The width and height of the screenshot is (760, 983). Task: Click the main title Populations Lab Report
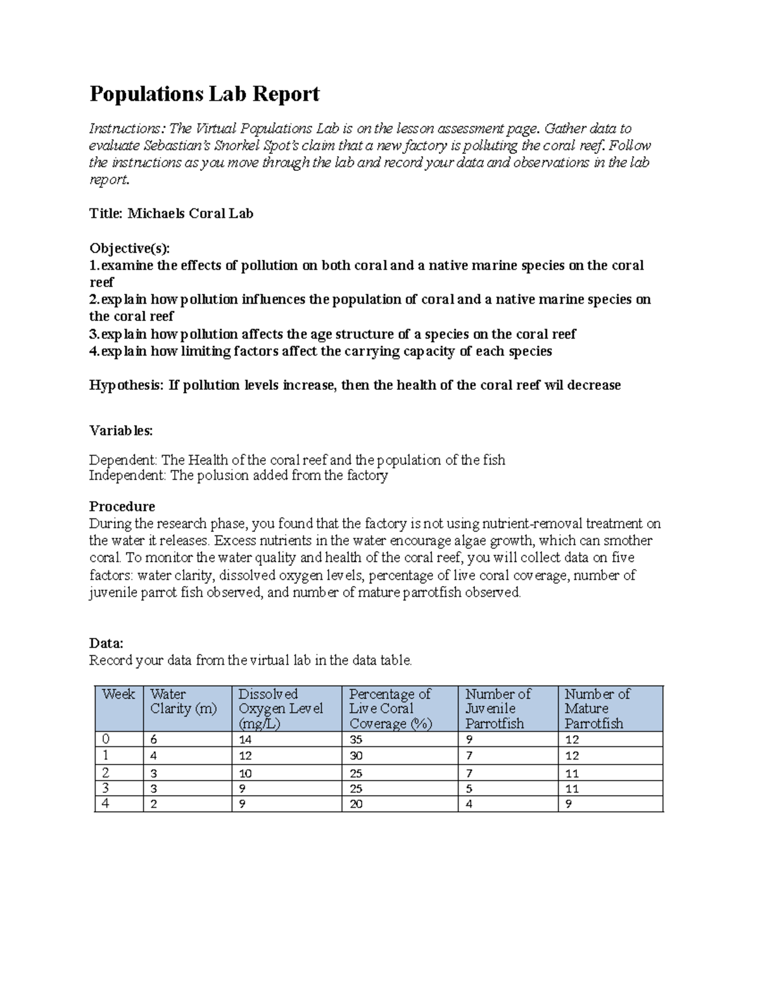pyautogui.click(x=204, y=94)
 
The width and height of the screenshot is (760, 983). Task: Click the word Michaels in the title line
pyautogui.click(x=155, y=214)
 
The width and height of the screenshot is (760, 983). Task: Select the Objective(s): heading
pyautogui.click(x=130, y=248)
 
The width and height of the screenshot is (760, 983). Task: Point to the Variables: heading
pyautogui.click(x=120, y=431)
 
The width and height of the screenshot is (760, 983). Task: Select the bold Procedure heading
pyautogui.click(x=122, y=506)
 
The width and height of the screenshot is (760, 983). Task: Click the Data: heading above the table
pyautogui.click(x=106, y=643)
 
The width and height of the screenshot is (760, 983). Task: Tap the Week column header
pyautogui.click(x=118, y=694)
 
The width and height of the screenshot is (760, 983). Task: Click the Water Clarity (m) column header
pyautogui.click(x=183, y=701)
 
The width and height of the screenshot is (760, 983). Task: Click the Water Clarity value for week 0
pyautogui.click(x=153, y=740)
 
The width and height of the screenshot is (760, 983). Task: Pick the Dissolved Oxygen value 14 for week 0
pyautogui.click(x=245, y=740)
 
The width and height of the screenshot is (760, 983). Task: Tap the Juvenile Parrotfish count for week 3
pyautogui.click(x=469, y=789)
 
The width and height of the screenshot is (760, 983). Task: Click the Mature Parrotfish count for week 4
pyautogui.click(x=568, y=805)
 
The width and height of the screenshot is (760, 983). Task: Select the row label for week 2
pyautogui.click(x=105, y=773)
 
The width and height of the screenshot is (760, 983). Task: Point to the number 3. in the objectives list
pyautogui.click(x=94, y=334)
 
